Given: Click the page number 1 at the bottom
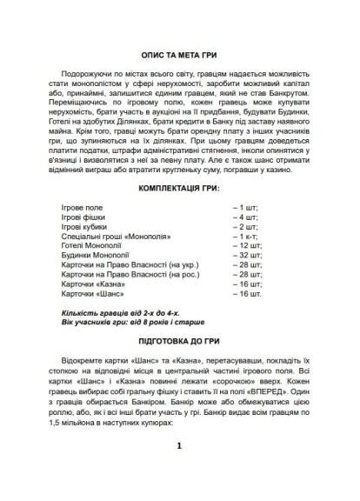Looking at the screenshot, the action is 179,471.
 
